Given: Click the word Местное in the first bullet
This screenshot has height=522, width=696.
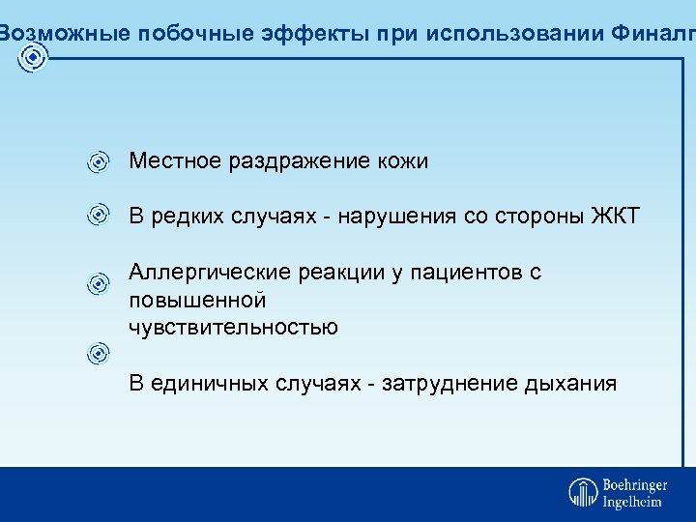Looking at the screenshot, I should pyautogui.click(x=176, y=161).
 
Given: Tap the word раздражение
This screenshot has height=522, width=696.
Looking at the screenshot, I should pyautogui.click(x=296, y=161).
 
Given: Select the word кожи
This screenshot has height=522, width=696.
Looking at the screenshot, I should pyautogui.click(x=399, y=161).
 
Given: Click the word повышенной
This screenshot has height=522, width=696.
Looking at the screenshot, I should pyautogui.click(x=196, y=300).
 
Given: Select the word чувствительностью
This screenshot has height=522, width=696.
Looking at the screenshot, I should pyautogui.click(x=233, y=327).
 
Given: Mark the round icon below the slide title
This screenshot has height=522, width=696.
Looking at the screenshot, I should pyautogui.click(x=33, y=58).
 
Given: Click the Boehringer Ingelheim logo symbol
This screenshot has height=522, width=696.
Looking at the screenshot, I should pyautogui.click(x=583, y=493).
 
